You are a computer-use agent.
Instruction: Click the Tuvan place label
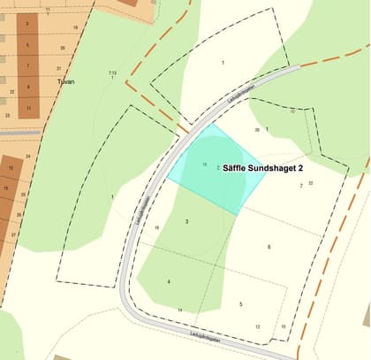point(64,81)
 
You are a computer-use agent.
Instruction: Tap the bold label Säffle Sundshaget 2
point(264,167)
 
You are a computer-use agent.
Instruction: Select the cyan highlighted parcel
point(216,168)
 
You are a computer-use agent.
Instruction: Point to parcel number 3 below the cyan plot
point(186,221)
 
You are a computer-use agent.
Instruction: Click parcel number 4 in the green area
point(168,281)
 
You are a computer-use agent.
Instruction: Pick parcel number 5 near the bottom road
point(240,303)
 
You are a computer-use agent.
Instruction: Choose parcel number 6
point(269,246)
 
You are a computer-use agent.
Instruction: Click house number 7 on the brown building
point(27,65)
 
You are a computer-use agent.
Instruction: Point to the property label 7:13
point(112,72)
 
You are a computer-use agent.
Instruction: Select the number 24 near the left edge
point(28,157)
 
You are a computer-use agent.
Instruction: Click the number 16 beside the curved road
point(156,227)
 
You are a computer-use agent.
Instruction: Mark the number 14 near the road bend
point(179,310)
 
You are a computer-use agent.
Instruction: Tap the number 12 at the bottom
point(257,326)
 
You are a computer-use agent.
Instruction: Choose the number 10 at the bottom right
point(284,326)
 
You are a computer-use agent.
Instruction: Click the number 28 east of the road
point(257,129)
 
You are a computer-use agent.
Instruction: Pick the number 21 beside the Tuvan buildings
point(58,68)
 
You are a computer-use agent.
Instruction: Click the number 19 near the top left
point(75,27)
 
